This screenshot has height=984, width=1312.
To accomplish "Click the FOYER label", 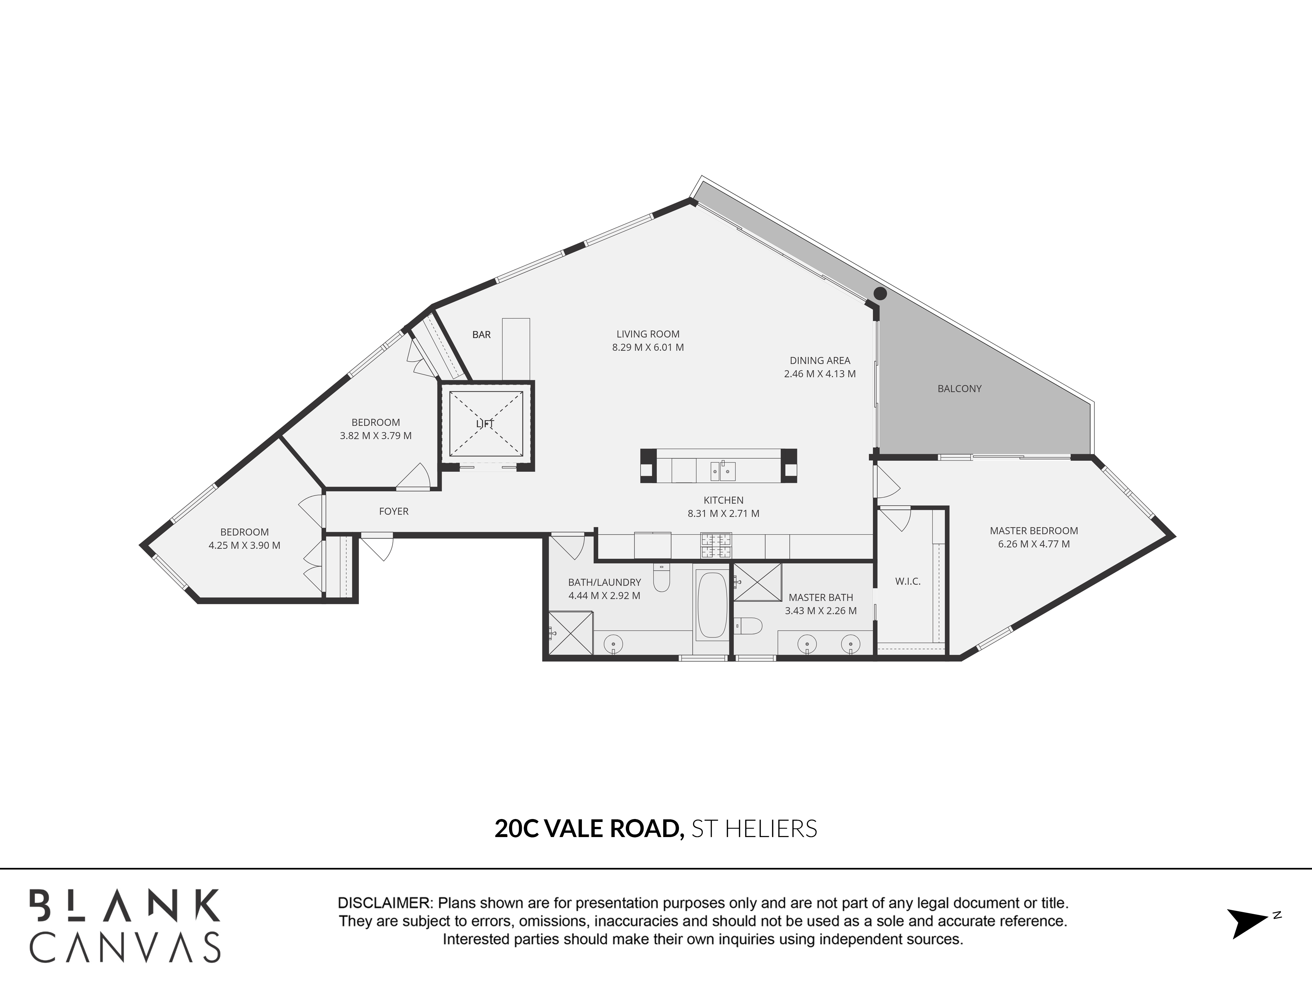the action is click(x=394, y=511).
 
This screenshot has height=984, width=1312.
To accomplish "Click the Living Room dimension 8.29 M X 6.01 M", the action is click(x=648, y=348).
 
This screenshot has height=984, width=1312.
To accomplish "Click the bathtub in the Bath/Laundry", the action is click(x=711, y=605).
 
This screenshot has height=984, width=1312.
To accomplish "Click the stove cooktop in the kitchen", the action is click(x=716, y=546).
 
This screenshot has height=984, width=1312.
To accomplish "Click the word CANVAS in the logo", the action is click(x=125, y=947).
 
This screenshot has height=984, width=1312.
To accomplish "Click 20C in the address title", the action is click(x=516, y=829).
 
